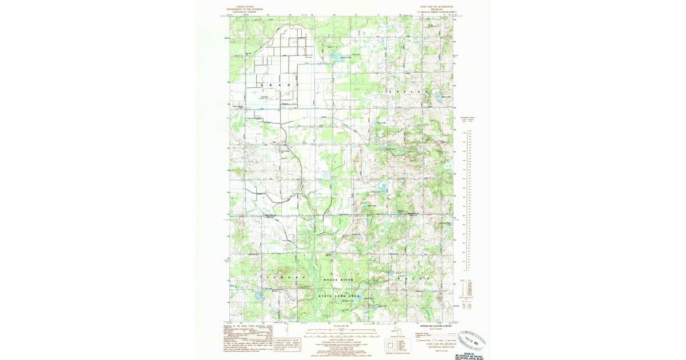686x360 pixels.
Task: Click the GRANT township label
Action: point(280,85)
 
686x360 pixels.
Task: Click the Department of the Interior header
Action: point(245,10)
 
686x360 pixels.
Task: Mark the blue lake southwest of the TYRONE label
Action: point(257,296)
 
